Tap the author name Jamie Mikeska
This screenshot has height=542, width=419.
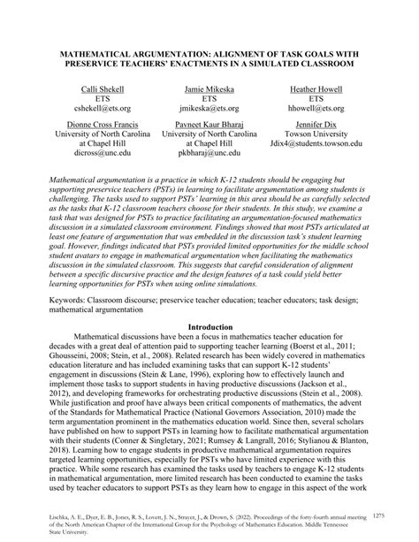tap(209, 91)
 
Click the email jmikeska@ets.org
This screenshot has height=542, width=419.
tap(209, 112)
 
